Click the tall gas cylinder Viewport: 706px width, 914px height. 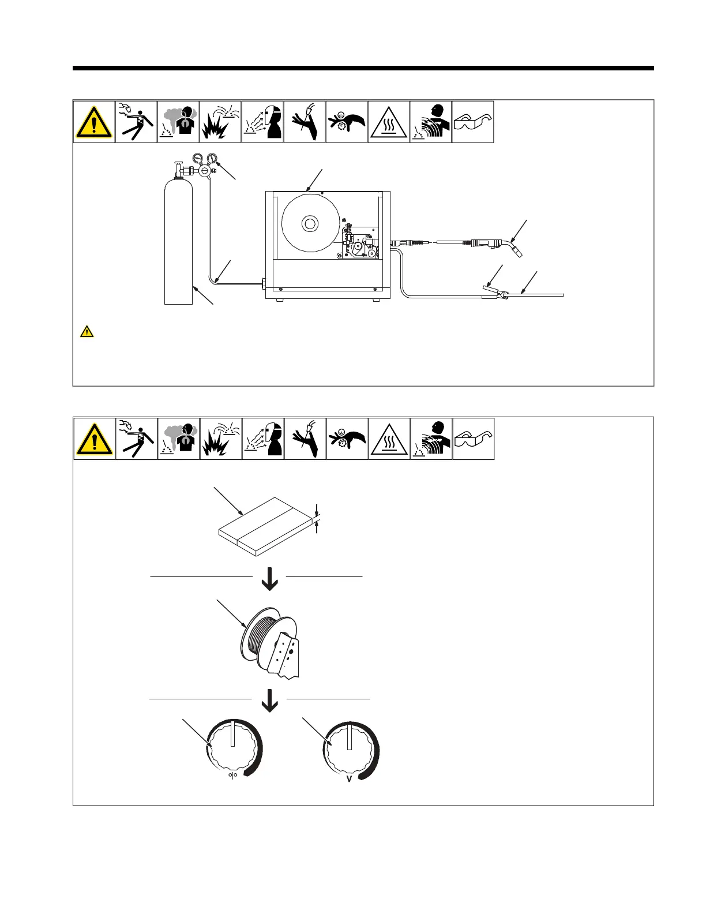[178, 242]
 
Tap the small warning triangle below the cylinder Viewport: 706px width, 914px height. [87, 331]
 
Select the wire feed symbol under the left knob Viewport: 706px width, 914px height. [233, 774]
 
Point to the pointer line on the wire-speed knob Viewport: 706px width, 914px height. [232, 733]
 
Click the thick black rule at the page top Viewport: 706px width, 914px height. [363, 68]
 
